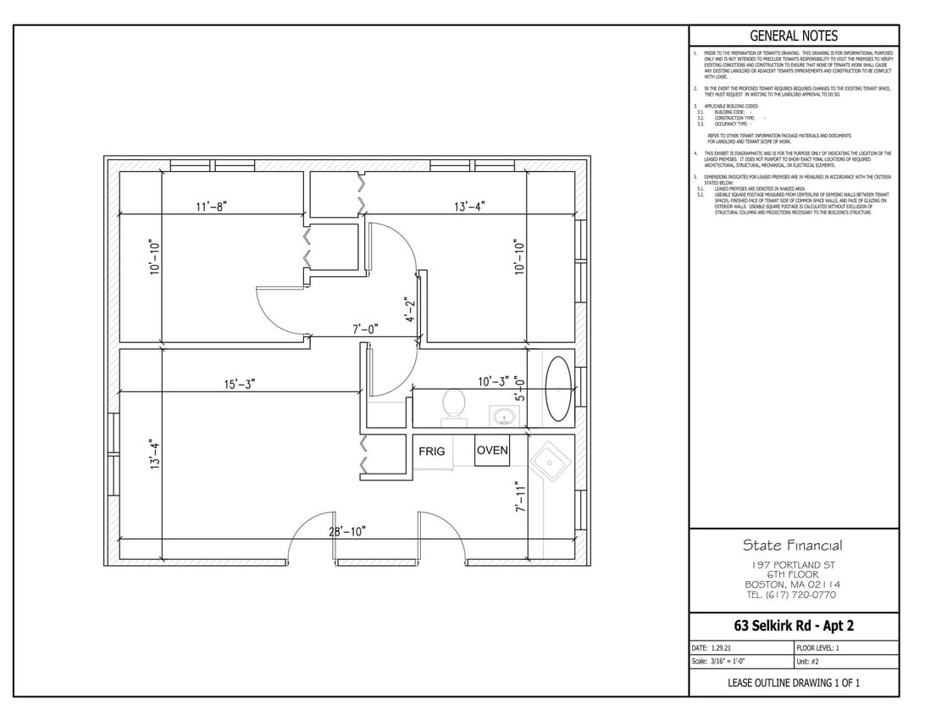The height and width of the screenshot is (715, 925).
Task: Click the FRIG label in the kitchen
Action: tap(431, 452)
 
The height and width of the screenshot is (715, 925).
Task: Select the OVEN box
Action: tap(492, 450)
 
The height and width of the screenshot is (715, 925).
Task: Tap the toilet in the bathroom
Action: tap(454, 405)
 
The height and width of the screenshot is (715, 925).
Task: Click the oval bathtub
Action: tap(558, 390)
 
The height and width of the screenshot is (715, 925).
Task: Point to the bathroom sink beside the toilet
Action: tap(505, 416)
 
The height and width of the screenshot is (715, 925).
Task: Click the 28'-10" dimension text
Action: tap(347, 531)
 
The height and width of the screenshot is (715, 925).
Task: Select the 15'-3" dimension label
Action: tap(239, 384)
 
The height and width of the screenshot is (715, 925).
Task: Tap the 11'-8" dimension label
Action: tap(210, 206)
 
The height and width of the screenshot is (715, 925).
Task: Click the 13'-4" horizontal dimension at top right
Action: tap(469, 206)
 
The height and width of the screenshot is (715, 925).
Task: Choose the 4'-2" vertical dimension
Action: tap(410, 310)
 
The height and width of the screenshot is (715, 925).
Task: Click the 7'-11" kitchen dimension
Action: tap(519, 497)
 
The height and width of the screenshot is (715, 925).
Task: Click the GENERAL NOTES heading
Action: tap(794, 36)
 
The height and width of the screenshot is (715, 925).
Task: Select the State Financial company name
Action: tap(793, 545)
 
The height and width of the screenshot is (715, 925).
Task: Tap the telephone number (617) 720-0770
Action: tap(793, 595)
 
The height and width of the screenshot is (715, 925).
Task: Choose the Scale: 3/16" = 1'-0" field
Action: tap(718, 662)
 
